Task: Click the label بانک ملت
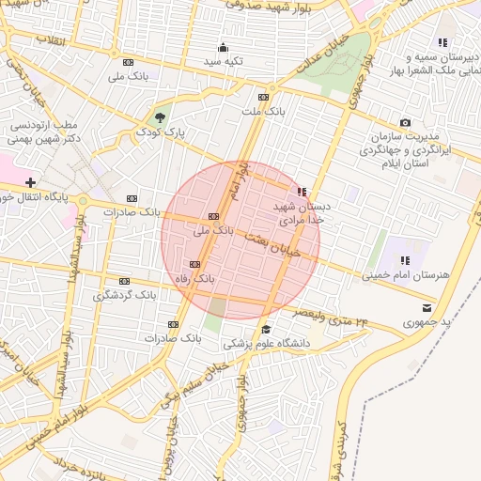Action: pos(262,112)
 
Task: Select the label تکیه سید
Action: pos(224,62)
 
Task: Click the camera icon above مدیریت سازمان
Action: pos(405,123)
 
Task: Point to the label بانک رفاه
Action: pos(196,279)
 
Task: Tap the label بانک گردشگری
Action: pos(124,295)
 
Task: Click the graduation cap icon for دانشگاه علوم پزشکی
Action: pos(266,329)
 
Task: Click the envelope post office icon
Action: pos(428,307)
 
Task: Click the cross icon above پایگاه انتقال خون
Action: pos(31,181)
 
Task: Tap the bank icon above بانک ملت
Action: pos(263,97)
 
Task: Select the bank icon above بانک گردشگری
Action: pos(123,280)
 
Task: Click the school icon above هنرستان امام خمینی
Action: pos(405,260)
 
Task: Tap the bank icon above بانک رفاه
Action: pos(195,264)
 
